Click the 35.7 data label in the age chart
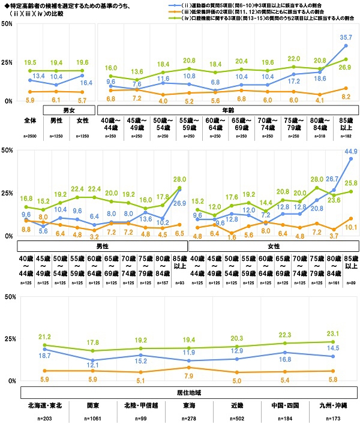[x=343, y=37]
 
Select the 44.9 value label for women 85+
[x=350, y=151]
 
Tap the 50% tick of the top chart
[x=8, y=23]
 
